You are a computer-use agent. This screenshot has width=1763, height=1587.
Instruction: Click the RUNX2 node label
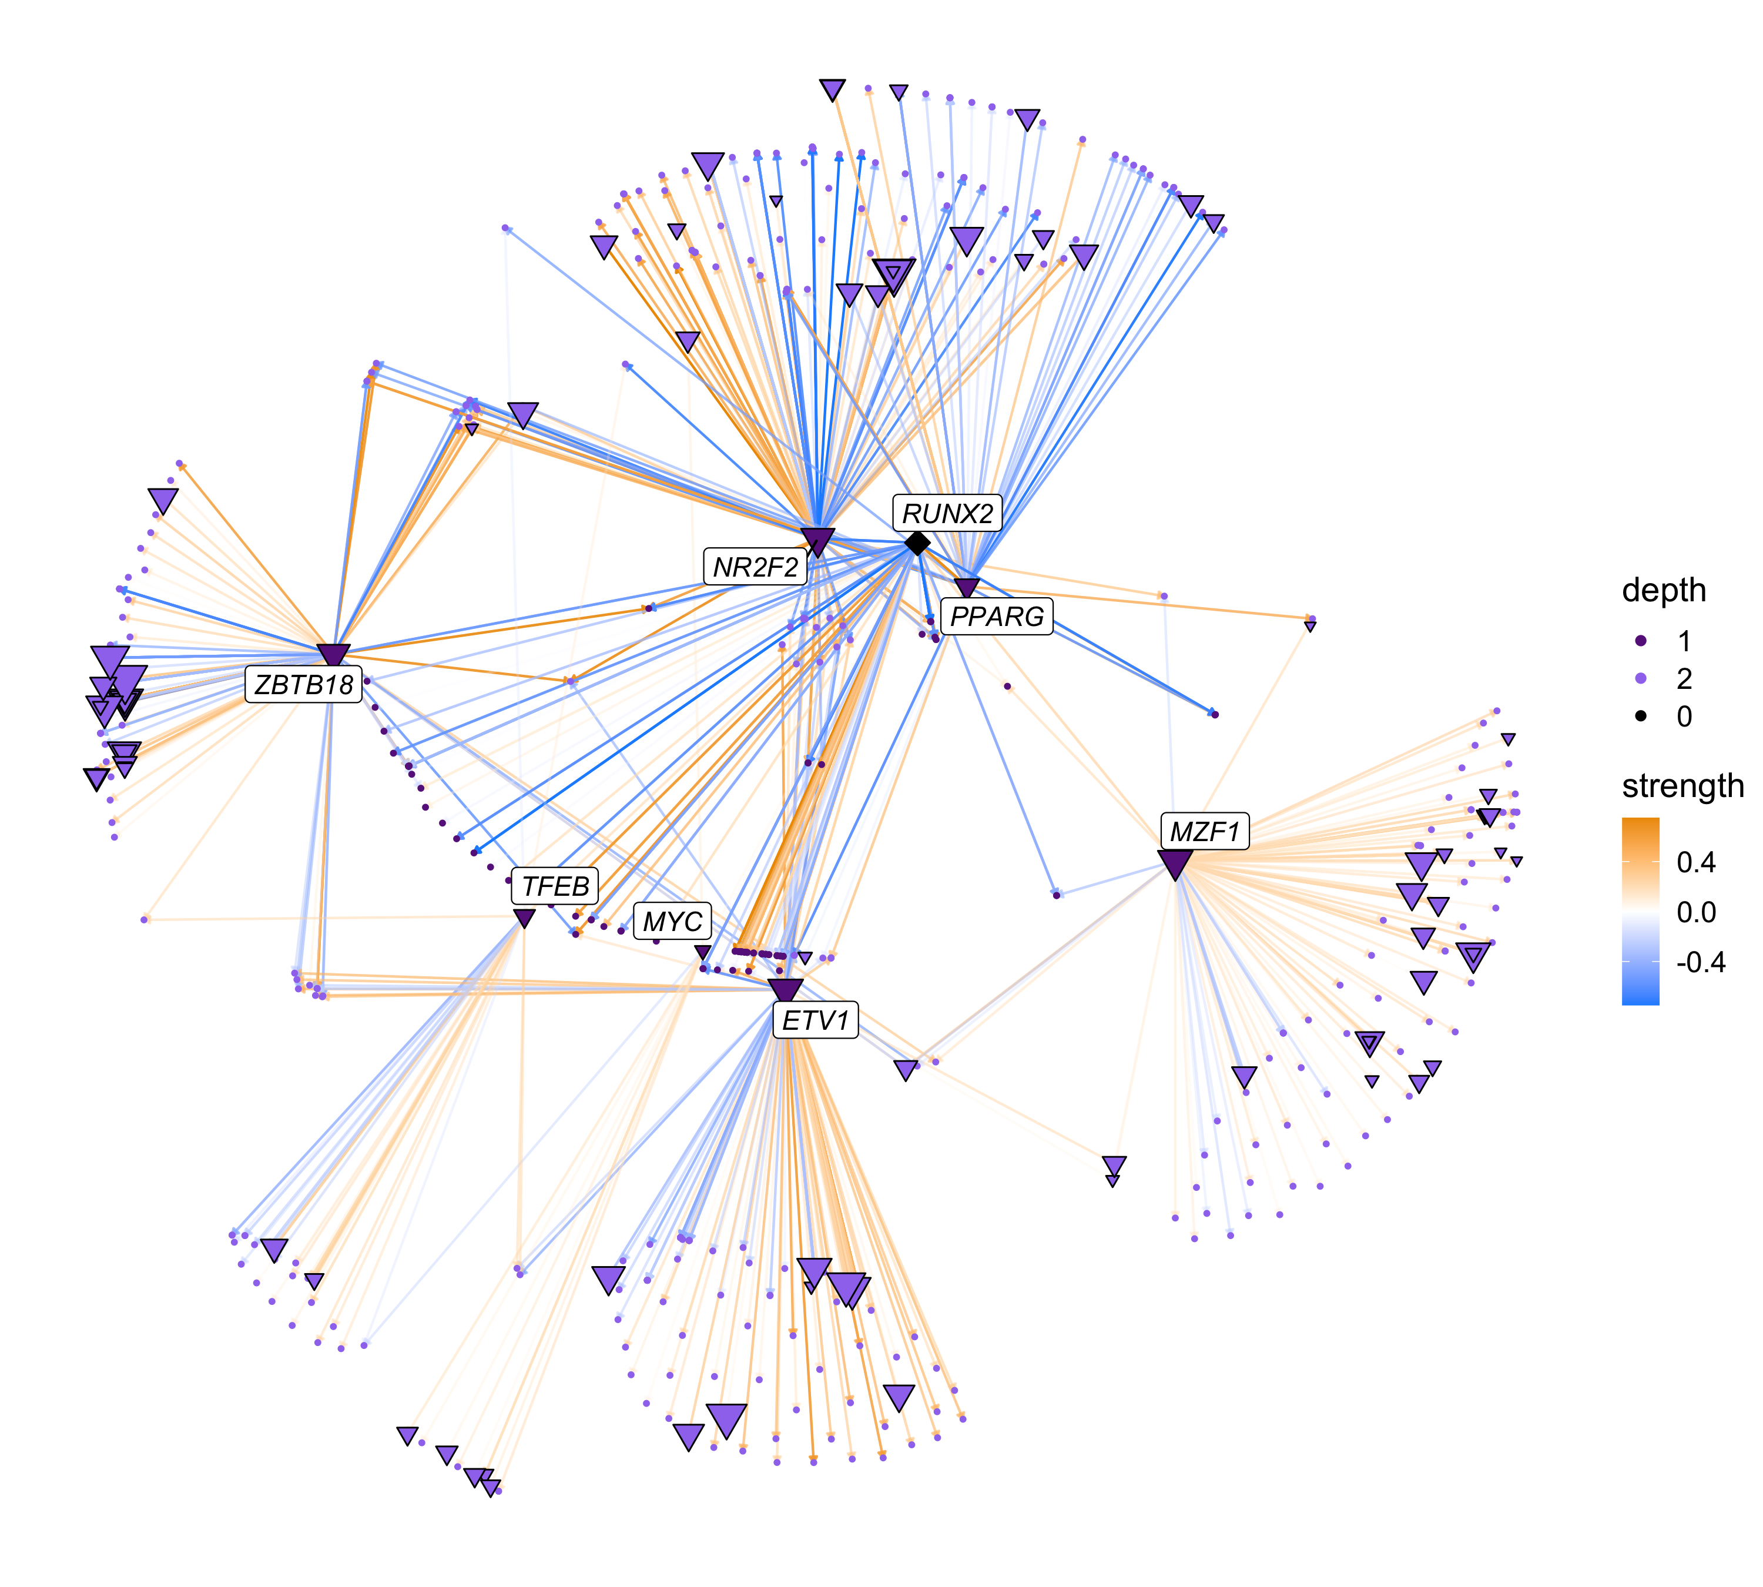(947, 514)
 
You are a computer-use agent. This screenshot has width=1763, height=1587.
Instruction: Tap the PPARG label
(997, 617)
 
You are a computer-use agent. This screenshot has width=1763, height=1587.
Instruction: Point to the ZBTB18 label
(303, 685)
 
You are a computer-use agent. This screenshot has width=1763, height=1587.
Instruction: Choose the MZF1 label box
(1204, 832)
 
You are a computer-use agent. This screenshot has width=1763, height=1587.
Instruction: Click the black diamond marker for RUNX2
(916, 543)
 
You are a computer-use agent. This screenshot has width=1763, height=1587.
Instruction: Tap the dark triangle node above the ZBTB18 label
(333, 655)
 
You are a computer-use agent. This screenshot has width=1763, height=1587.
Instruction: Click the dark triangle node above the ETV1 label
(785, 990)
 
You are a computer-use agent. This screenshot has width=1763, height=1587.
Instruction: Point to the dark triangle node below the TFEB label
(523, 918)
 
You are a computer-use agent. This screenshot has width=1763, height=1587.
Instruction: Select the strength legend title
(1682, 786)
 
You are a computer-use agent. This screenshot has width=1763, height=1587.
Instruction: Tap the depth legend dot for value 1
(1641, 641)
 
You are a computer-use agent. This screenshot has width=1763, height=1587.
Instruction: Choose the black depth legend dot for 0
(1641, 716)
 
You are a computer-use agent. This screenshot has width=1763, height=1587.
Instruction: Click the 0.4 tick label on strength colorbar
(1696, 862)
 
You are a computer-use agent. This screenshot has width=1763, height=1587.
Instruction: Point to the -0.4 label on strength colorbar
(1700, 962)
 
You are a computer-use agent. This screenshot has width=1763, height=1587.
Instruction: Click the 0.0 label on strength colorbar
(1696, 912)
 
